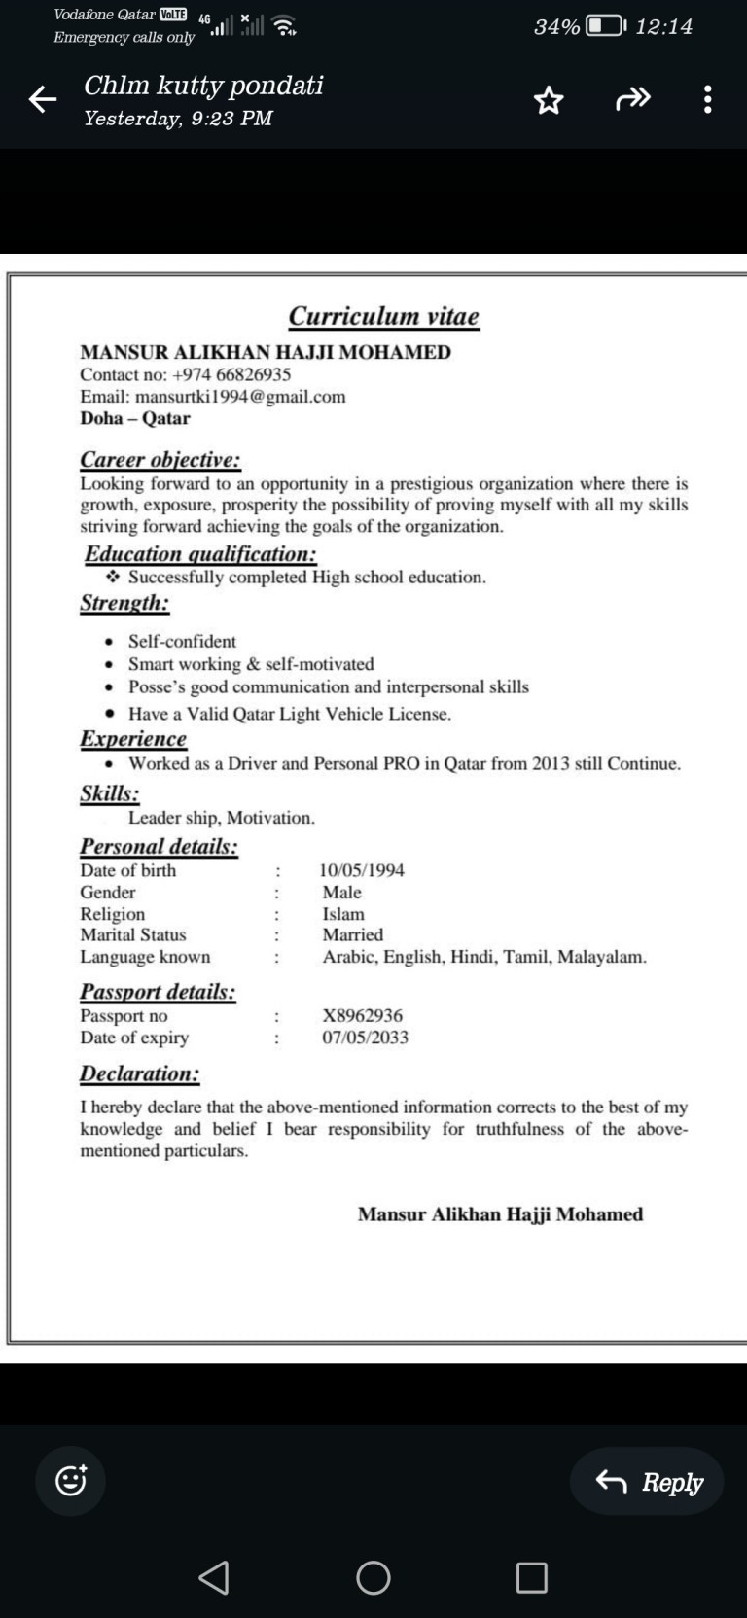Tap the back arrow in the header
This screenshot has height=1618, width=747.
(43, 99)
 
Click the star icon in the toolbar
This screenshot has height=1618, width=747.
(549, 100)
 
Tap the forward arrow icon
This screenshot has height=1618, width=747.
(633, 99)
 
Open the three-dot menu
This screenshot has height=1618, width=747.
(707, 99)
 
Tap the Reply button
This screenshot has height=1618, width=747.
(648, 1482)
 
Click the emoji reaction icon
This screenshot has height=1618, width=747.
(71, 1481)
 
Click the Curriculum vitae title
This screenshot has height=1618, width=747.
(383, 317)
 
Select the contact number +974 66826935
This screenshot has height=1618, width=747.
(231, 374)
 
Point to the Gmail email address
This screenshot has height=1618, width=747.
(240, 397)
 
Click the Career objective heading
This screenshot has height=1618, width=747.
(160, 460)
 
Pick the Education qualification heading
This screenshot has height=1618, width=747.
(200, 554)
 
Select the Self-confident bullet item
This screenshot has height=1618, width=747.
(182, 642)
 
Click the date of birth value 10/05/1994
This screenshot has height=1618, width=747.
(362, 870)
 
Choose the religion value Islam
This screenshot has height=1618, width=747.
(343, 914)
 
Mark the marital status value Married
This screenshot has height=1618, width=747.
(353, 935)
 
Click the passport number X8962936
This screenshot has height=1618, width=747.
(362, 1015)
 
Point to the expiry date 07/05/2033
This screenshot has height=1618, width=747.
(365, 1038)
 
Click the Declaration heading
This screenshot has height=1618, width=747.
(139, 1074)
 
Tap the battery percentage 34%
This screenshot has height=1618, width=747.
(556, 27)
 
